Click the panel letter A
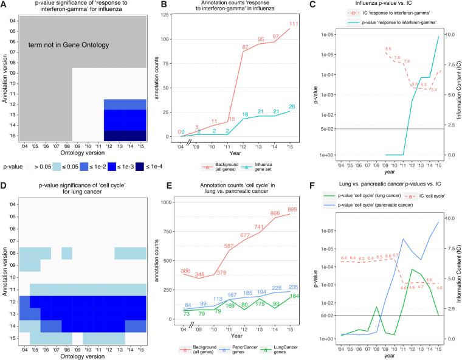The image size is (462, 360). (x=5, y=4)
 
